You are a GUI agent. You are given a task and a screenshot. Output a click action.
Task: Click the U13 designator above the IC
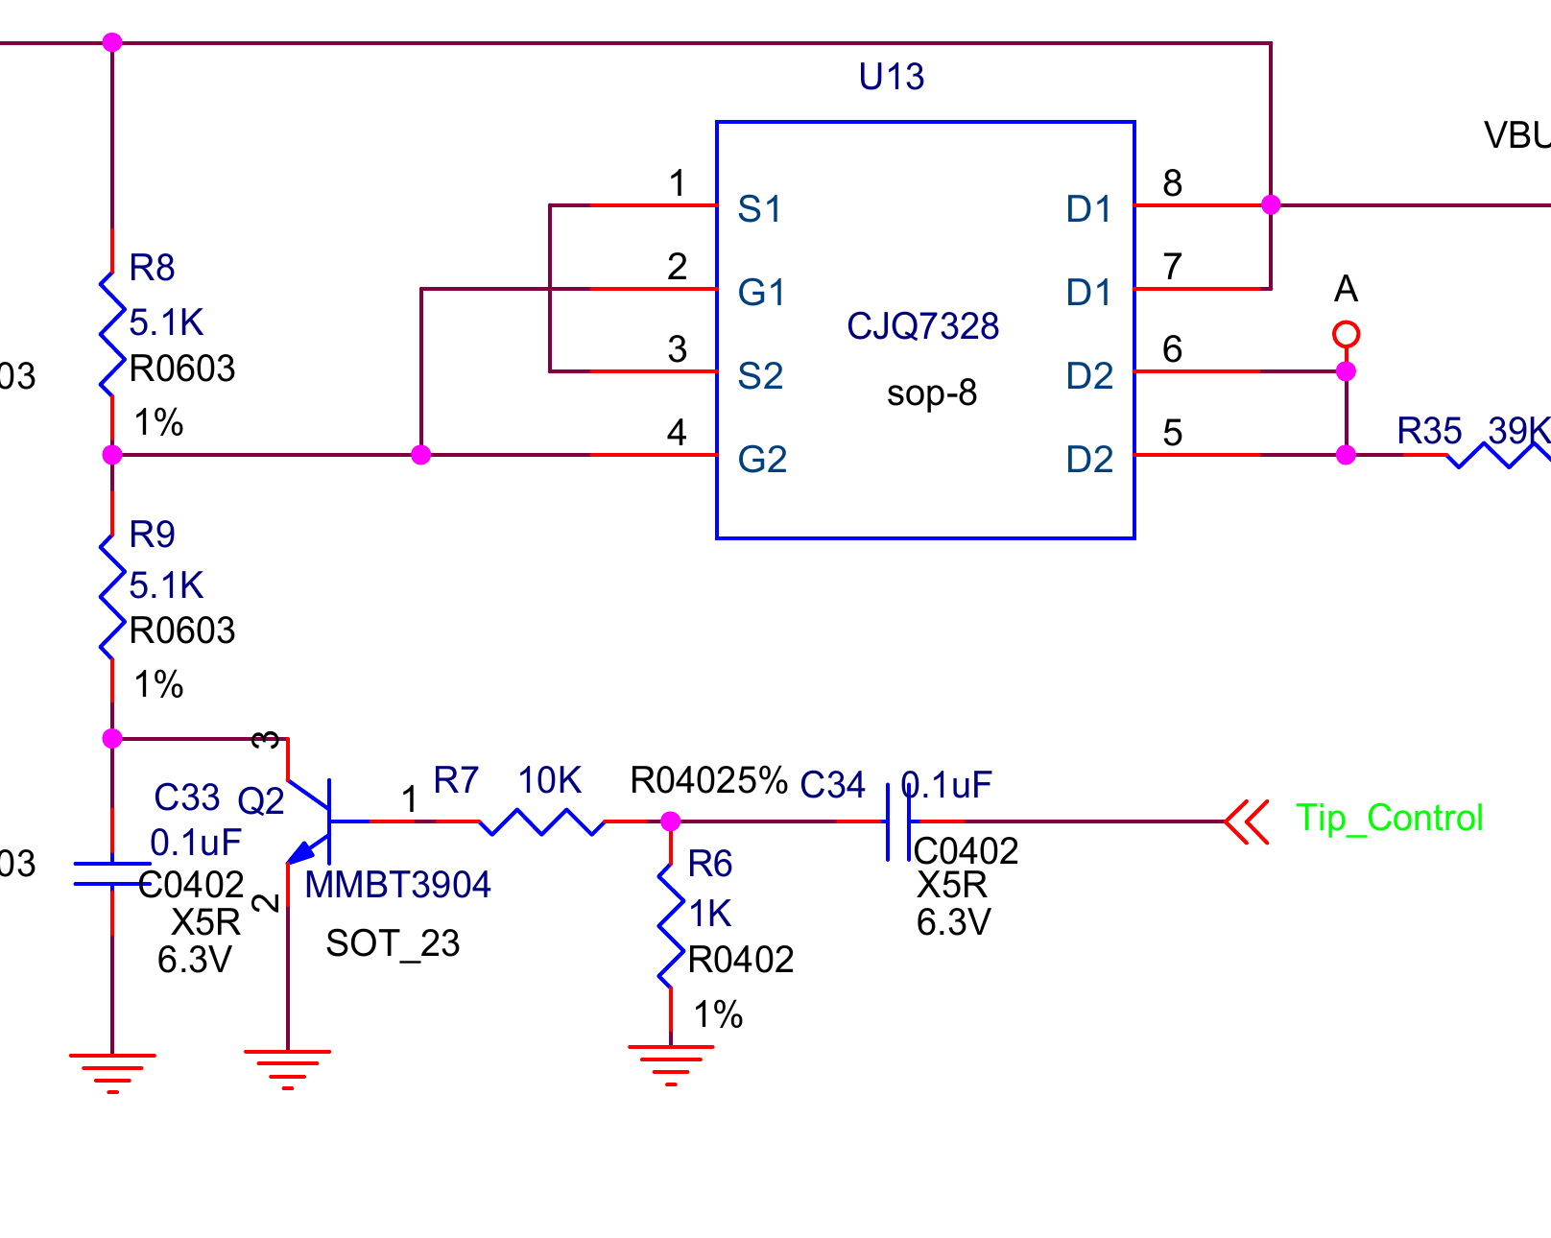[891, 77]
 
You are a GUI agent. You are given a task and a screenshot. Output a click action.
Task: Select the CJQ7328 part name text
[922, 326]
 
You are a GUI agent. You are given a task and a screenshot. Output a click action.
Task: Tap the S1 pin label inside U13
[759, 209]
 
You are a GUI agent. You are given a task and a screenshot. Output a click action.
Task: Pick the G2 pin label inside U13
[762, 460]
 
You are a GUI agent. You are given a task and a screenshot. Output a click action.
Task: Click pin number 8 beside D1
[1172, 183]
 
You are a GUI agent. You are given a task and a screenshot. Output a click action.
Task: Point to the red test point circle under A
[1346, 335]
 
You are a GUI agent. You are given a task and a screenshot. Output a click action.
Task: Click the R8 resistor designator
[152, 268]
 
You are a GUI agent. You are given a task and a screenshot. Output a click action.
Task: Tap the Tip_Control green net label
[1389, 818]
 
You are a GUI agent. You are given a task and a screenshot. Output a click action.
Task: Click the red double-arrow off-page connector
[1248, 821]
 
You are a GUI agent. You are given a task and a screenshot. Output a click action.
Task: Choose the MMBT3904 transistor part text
[397, 885]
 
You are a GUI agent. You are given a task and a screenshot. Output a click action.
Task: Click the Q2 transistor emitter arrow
[303, 851]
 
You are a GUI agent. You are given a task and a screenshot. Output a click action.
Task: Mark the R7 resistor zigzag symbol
[541, 821]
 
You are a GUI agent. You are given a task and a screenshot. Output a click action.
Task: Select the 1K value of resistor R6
[710, 914]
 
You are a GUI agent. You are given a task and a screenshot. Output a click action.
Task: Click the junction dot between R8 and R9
[112, 455]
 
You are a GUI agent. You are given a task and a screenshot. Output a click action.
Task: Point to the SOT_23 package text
[393, 943]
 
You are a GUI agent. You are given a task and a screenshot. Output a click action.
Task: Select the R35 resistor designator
[1428, 432]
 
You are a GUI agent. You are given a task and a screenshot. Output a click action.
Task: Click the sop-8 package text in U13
[931, 393]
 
